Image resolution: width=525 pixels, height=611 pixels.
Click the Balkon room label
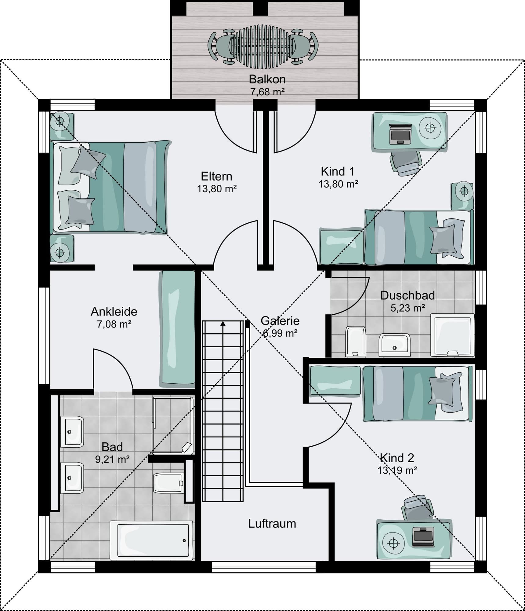[x=267, y=79]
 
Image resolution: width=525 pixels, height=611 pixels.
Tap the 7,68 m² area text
[x=267, y=92]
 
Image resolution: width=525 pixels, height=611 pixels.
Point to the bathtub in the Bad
[x=151, y=540]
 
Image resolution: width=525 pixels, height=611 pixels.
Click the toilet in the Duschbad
[x=356, y=342]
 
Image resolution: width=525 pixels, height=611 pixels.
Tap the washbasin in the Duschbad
[x=394, y=345]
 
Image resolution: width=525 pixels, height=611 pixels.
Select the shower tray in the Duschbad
[x=453, y=335]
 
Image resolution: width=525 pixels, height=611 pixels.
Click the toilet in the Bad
[x=168, y=483]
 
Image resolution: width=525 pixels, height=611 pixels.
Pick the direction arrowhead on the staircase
[x=223, y=324]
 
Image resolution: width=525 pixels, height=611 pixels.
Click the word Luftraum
[x=272, y=524]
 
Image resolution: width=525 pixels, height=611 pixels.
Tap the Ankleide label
[x=114, y=311]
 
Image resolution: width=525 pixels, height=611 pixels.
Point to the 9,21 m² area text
[x=112, y=459]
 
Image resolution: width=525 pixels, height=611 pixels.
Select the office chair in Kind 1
[x=405, y=163]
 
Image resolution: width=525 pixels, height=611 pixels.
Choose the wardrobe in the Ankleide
[x=177, y=329]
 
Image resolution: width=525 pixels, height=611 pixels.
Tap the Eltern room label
[x=216, y=176]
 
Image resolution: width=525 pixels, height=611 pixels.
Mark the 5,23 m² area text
[x=408, y=308]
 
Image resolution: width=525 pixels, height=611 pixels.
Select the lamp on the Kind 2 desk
[x=394, y=543]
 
